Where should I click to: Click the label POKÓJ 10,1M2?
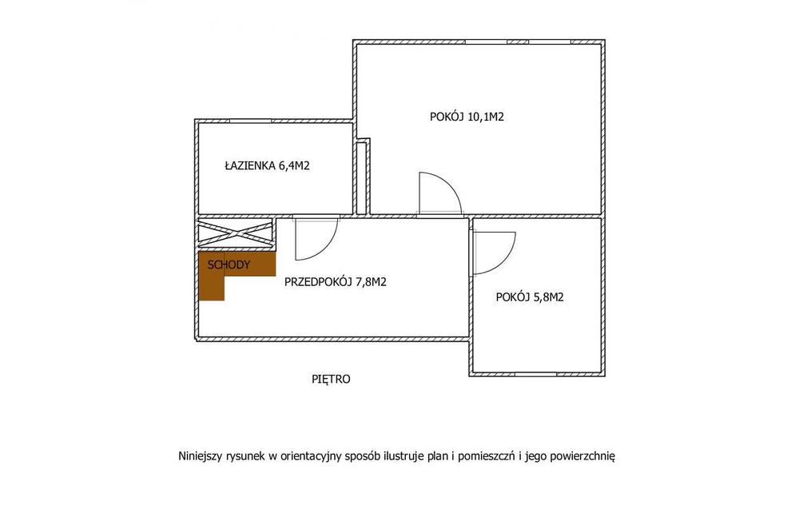467,117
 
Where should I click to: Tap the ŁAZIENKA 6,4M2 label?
268,165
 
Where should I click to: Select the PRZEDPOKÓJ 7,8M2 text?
336,282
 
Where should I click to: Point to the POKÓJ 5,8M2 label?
530,297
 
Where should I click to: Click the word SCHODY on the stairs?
229,265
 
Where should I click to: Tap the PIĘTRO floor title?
331,379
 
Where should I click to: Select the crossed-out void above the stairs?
235,234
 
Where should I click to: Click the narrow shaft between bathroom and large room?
361,178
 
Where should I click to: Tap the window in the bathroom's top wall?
250,121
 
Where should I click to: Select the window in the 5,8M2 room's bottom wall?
535,374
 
